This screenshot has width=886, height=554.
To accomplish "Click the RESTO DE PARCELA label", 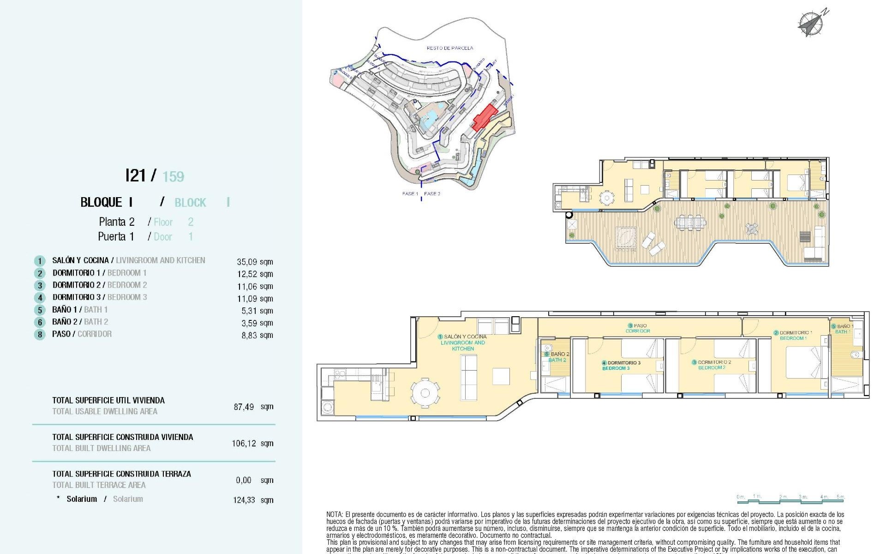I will (x=449, y=48).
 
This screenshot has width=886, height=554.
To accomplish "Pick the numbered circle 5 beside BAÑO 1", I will (x=40, y=310).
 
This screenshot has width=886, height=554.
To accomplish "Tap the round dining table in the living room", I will (x=425, y=393).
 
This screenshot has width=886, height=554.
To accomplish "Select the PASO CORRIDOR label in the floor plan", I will (x=638, y=328).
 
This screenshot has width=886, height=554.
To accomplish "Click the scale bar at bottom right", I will (x=790, y=499).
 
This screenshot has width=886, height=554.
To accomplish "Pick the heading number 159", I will (x=173, y=177).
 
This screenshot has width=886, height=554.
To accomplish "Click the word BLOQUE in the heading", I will (x=101, y=203).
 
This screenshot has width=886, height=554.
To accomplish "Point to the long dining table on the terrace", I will (x=690, y=222).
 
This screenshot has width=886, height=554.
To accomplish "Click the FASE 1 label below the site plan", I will (x=410, y=194).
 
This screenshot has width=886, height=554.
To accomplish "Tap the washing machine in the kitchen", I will (x=328, y=408).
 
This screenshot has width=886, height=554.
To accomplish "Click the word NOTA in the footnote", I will (x=334, y=514).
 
